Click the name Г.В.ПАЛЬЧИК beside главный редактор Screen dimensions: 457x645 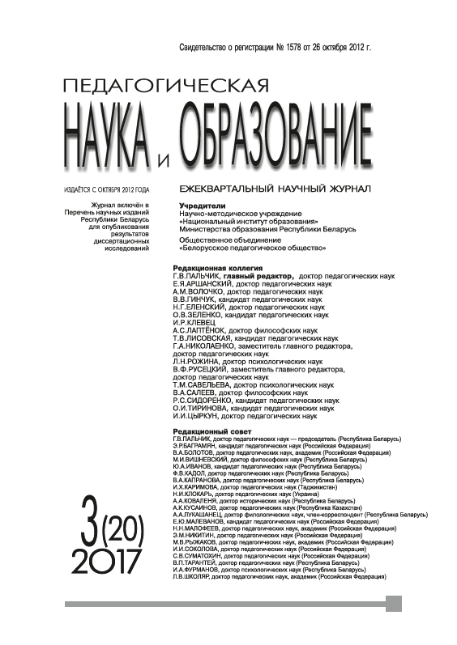(x=197, y=277)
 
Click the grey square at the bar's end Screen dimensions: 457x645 (x=395, y=604)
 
